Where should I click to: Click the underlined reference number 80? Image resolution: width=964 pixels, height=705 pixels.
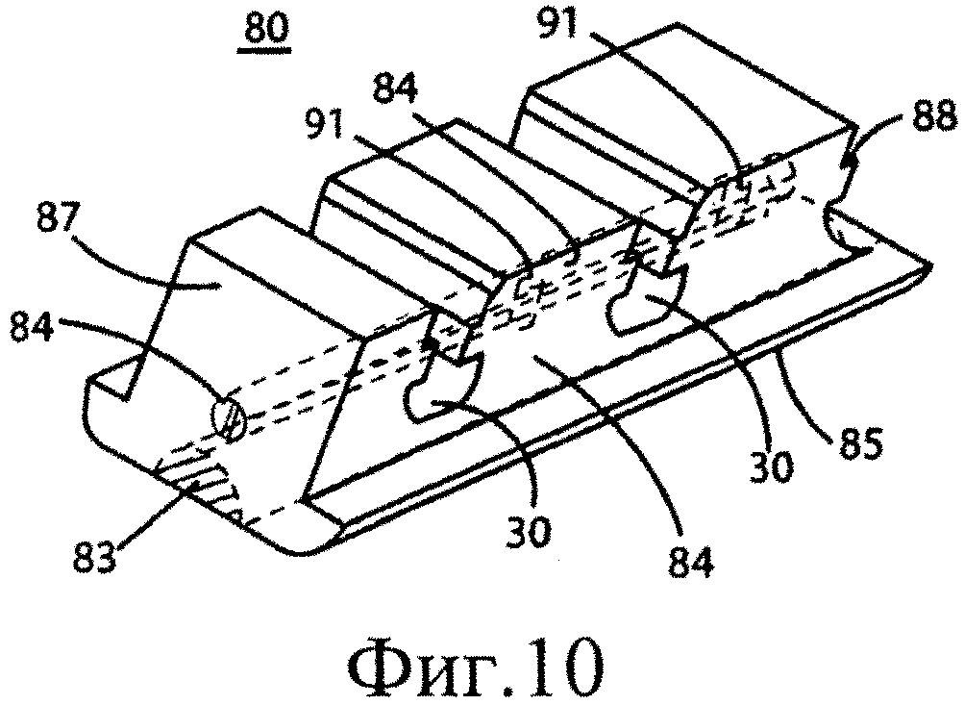coord(267,32)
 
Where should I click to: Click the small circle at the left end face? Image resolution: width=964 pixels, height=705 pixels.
coord(229,417)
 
